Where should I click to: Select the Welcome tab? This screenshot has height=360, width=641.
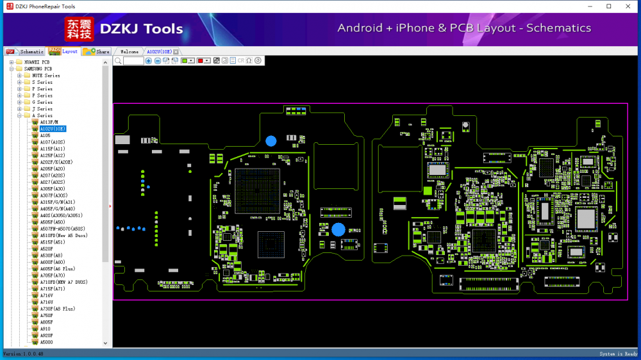pos(129,51)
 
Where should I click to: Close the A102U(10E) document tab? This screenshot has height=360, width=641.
pos(176,51)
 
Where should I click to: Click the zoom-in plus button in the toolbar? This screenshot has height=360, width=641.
pos(149,60)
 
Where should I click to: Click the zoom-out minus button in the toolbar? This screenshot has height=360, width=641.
pos(158,60)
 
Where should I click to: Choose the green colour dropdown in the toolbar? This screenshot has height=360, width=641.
pos(188,60)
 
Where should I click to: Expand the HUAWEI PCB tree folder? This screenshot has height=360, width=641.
pos(12,62)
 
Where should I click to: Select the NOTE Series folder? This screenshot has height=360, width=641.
pos(46,76)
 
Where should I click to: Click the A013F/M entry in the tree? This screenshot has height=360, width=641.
pos(49,122)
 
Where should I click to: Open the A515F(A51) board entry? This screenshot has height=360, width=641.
pos(53,242)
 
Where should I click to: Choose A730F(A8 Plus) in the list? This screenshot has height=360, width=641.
pos(57,309)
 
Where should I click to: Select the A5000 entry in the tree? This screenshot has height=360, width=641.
pos(46,342)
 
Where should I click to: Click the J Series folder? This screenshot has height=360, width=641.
pos(44,109)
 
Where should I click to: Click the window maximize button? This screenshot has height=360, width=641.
pos(609,6)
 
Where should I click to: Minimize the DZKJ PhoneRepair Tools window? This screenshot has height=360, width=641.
pos(590,6)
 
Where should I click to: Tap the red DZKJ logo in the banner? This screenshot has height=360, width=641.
pos(79,29)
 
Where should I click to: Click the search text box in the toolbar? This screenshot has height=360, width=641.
pos(133,60)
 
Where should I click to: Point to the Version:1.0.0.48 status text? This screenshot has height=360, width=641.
pos(23,354)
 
